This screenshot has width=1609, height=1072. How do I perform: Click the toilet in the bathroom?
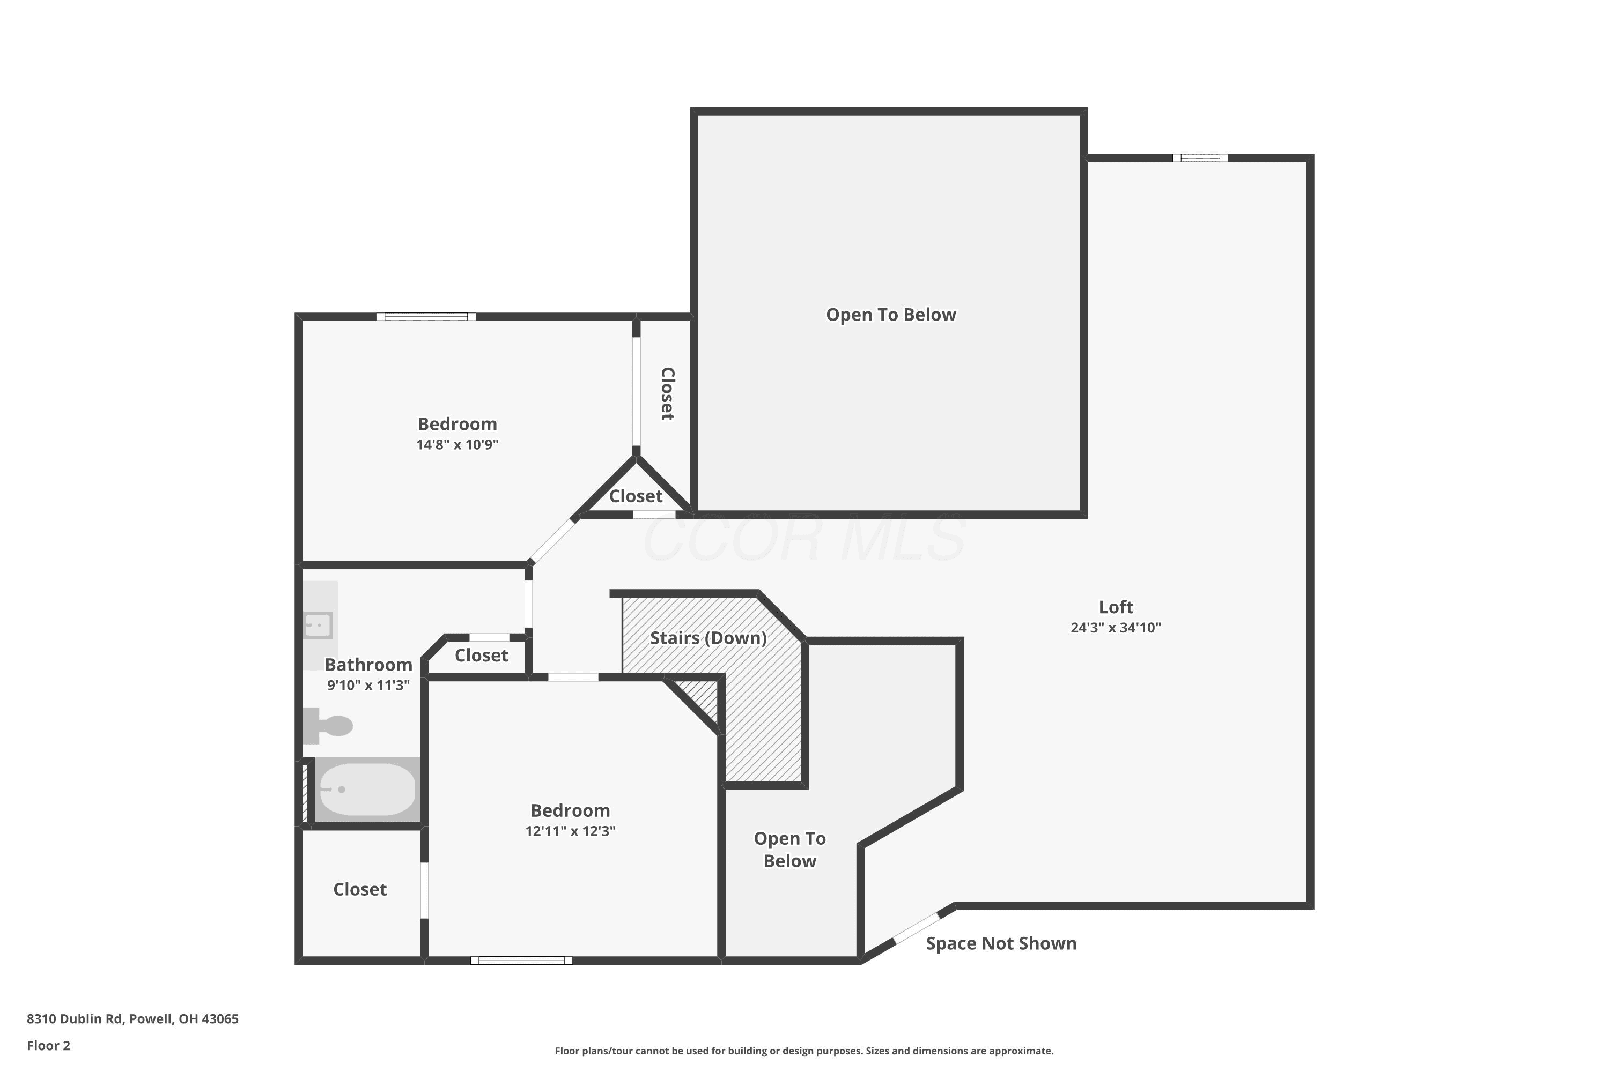328,725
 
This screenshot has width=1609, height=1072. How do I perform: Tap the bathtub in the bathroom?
367,789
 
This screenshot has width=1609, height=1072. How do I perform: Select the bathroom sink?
318,625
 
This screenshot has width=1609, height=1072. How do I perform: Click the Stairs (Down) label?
708,638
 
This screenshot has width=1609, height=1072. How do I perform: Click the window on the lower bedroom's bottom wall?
521,961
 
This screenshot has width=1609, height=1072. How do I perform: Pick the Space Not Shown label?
1001,943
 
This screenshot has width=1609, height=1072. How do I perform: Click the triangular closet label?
636,496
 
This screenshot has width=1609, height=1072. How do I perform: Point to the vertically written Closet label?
668,394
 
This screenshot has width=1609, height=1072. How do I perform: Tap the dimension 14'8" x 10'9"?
457,444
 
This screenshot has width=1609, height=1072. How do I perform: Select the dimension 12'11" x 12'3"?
571,831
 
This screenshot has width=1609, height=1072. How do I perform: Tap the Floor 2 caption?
49,1045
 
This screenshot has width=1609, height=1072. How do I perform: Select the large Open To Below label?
891,315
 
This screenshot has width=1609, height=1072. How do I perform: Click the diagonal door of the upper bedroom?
552,541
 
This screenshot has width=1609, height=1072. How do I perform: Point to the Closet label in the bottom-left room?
360,889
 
